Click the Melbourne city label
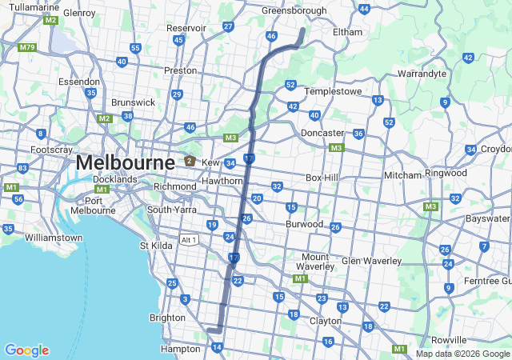[x=126, y=163]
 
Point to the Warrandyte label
[x=422, y=74]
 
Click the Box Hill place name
[x=324, y=178]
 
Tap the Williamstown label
[x=54, y=238]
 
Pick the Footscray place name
[x=52, y=150]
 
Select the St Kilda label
[x=156, y=246]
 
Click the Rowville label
[x=449, y=340]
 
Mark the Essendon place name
[x=79, y=82]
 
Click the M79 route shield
[x=28, y=48]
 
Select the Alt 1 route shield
[x=189, y=240]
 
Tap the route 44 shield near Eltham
[x=364, y=9]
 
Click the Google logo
[x=26, y=350]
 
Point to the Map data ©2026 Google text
[x=462, y=354]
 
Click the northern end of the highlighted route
[x=303, y=30]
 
